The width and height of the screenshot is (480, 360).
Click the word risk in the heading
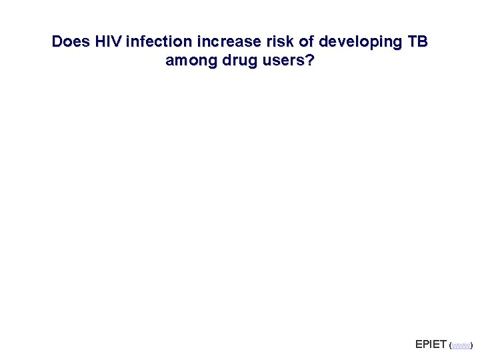point(271,41)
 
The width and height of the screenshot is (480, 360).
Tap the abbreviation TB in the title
point(416,41)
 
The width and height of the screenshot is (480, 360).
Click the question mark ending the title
point(311,61)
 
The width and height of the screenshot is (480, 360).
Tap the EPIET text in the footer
point(431,344)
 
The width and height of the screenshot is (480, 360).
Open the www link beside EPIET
point(461,346)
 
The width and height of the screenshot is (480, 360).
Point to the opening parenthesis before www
point(451,346)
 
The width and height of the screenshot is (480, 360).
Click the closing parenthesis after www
point(471,346)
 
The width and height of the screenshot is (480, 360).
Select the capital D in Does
point(57,41)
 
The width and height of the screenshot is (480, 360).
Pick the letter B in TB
point(422,41)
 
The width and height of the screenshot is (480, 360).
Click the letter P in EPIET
point(426,344)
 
